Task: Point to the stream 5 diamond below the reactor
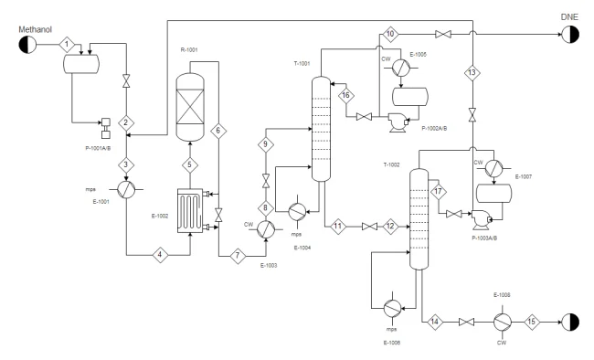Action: [x=187, y=164]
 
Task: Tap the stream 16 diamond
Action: [x=346, y=94]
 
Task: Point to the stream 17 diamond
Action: [x=439, y=192]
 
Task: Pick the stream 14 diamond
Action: [x=433, y=321]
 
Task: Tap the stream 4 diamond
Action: [x=161, y=255]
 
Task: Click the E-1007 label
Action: [x=525, y=175]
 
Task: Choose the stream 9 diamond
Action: [x=266, y=143]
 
